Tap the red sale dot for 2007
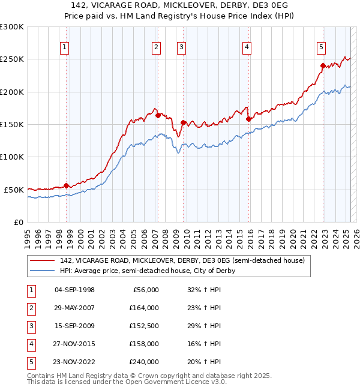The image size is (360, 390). pos(158,115)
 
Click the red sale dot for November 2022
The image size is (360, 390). pos(323,65)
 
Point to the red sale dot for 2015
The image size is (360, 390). pos(248,119)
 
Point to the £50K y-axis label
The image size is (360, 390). pos(14,190)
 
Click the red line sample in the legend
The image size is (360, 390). pos(42,260)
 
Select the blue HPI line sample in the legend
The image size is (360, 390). pos(42,271)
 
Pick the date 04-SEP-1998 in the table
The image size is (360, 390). pos(74,290)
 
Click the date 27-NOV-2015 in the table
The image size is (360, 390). pos(74,344)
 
